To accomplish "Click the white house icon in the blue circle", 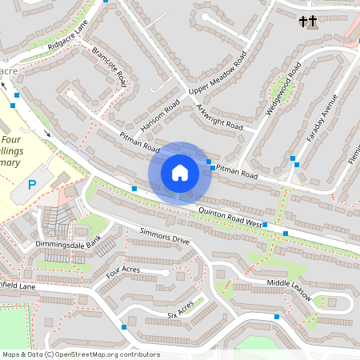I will (180, 172).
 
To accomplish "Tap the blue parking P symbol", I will (33, 185).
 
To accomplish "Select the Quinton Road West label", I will (230, 216).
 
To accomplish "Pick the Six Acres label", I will (181, 308).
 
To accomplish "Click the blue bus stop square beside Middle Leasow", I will (277, 317).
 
